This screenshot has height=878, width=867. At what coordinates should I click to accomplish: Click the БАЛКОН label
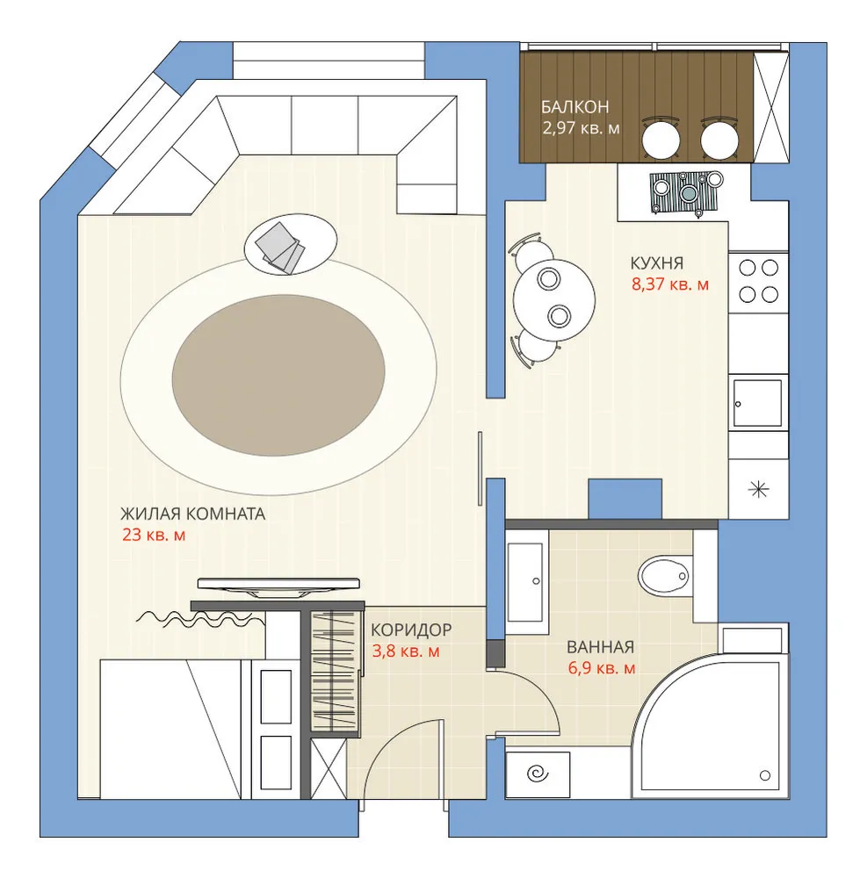pos(574,107)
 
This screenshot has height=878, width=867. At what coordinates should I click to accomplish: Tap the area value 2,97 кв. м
pos(581,127)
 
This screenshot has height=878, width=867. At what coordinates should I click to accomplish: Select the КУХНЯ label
pos(657,263)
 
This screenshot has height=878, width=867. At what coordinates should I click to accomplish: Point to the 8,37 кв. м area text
pos(670,284)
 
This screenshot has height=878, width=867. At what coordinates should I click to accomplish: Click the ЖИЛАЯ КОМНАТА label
pos(192,514)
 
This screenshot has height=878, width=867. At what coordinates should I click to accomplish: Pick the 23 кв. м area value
pos(154,535)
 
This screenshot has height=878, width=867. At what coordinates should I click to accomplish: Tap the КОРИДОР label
pos(411,630)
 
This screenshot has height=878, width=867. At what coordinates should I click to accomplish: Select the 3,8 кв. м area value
pos(406,651)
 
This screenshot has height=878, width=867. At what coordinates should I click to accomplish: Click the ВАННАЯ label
pos(601,647)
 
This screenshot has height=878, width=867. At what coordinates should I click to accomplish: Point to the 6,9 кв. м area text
pos(602,668)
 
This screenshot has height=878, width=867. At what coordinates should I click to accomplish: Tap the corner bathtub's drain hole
pos(764,775)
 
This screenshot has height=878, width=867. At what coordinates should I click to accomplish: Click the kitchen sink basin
pos(758,403)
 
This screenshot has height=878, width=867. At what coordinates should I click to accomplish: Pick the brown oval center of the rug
pos(278,375)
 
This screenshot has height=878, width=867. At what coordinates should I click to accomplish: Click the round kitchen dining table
pos(554,300)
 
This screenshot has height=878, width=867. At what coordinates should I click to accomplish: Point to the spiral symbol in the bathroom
pos(538,774)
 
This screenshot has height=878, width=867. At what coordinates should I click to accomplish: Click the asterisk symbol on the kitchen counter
pos(758,489)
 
